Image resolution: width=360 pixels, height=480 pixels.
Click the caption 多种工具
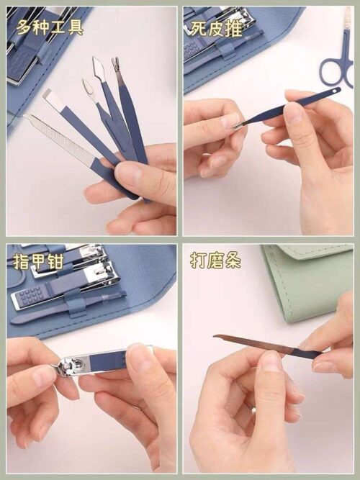[50, 27]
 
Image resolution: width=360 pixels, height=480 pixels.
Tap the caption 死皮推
[217, 28]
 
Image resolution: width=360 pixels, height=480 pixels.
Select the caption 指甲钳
[38, 261]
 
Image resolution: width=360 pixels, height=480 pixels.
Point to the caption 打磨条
[215, 261]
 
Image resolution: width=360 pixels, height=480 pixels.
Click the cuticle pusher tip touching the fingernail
[237, 125]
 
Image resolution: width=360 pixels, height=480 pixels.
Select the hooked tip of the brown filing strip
[216, 337]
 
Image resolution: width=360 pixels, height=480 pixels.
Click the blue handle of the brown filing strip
[307, 353]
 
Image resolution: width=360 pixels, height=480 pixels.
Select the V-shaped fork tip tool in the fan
[116, 65]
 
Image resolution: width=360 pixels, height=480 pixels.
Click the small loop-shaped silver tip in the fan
[87, 89]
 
